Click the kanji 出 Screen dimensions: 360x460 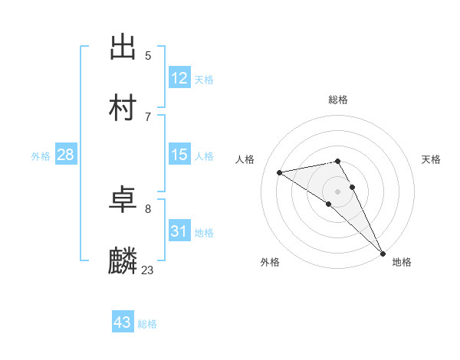coord(123,47)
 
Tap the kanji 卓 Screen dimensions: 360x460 coord(123,201)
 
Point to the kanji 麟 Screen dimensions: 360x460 coord(123,261)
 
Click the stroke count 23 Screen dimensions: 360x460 coord(148,270)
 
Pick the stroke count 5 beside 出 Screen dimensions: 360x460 coord(148,55)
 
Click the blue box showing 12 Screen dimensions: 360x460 coord(179,78)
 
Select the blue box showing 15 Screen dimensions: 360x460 coord(179,155)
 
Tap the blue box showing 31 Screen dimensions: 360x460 coord(179,231)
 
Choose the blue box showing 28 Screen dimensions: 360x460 coord(66,155)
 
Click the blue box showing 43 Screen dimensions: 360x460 coord(123,322)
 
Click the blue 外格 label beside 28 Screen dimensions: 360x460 coord(41,156)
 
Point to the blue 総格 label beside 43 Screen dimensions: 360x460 coord(147,324)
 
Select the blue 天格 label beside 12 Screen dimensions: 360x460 coord(204,80)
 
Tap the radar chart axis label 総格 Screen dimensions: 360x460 coord(338,100)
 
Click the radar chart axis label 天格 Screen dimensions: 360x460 coord(431,159)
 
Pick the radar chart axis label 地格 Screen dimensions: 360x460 coord(402,262)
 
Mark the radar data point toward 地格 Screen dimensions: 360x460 coord(383,254)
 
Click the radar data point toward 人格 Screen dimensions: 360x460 coord(280,172)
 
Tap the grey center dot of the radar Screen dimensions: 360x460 coord(338,190)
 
